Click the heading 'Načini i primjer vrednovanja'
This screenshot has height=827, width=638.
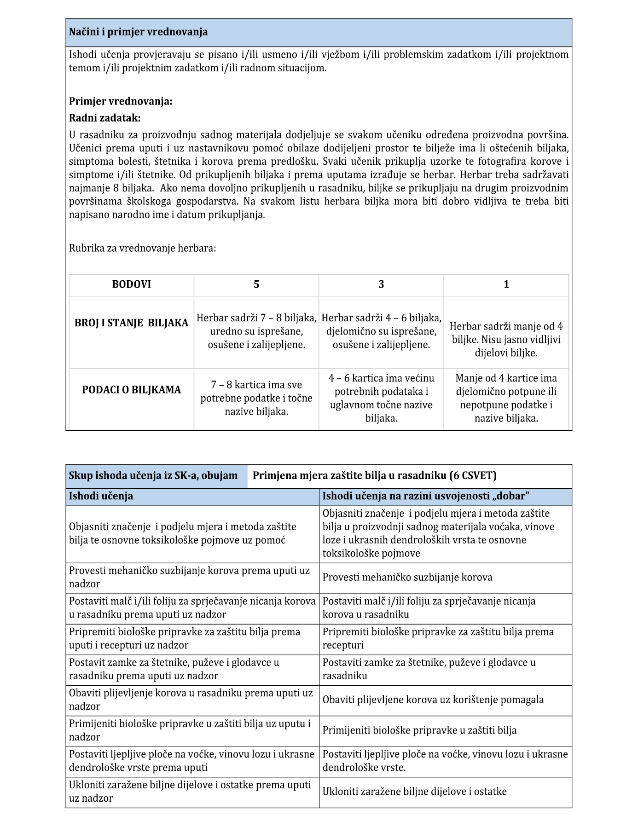(x=138, y=32)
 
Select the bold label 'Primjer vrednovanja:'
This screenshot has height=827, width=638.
(x=121, y=101)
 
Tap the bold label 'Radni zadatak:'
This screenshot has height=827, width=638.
(x=104, y=118)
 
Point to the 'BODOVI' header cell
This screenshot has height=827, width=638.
(x=132, y=284)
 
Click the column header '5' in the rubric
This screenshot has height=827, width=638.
(x=256, y=284)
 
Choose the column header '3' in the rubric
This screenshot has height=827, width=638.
(x=381, y=284)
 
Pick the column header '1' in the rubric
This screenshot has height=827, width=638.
(x=506, y=284)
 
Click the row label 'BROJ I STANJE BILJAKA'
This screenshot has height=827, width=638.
(x=132, y=323)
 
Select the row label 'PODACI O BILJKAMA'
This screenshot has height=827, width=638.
(x=132, y=390)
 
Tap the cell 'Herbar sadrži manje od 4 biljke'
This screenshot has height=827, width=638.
(x=506, y=340)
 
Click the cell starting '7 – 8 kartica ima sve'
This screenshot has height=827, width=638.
(x=256, y=398)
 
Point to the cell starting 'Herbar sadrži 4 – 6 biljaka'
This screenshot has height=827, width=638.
(x=381, y=331)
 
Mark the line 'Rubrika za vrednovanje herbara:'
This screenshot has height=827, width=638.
(x=143, y=249)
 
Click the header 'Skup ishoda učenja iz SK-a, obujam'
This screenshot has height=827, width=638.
(x=153, y=476)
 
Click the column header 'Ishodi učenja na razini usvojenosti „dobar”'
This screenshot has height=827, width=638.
(x=426, y=496)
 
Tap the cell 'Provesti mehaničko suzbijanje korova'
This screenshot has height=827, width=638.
(x=407, y=578)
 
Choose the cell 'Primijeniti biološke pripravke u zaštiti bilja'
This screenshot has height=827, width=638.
(x=419, y=730)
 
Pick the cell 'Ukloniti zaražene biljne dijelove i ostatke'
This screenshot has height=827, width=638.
(x=414, y=792)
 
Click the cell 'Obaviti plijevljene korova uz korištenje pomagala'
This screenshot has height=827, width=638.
(x=433, y=700)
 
